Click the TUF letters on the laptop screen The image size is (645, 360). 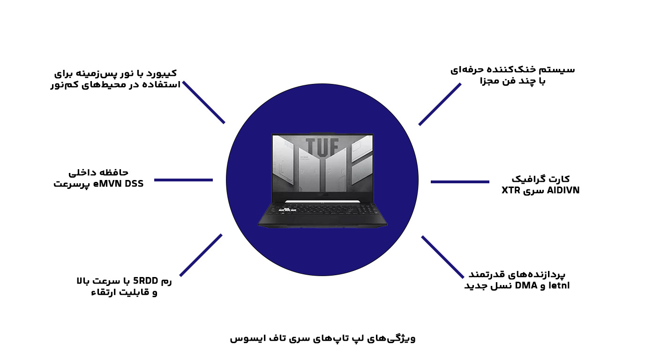(322, 147)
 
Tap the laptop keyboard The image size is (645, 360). (322, 209)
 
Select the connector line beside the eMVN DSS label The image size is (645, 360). (183, 180)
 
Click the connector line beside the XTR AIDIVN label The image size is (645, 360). (460, 182)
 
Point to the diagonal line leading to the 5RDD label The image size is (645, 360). (201, 255)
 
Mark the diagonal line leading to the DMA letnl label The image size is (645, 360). (443, 257)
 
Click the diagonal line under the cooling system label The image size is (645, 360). (440, 104)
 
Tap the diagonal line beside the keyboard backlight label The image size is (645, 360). (203, 102)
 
